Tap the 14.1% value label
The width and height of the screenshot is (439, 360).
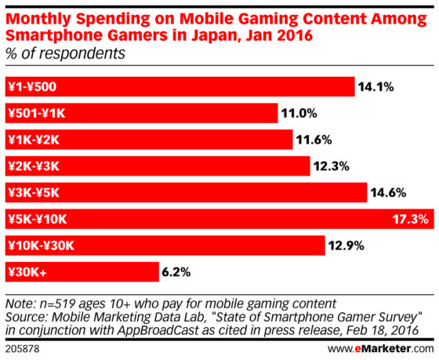[377, 87]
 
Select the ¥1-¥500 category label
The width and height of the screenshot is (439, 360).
[32, 87]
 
